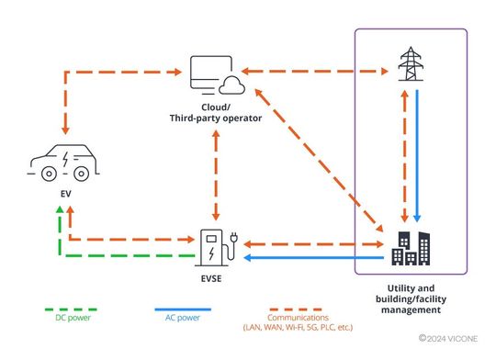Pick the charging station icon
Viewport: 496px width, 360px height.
216,246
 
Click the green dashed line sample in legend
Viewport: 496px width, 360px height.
73,308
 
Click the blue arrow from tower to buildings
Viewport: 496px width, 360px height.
419,156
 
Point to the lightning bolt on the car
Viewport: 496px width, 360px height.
64,154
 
